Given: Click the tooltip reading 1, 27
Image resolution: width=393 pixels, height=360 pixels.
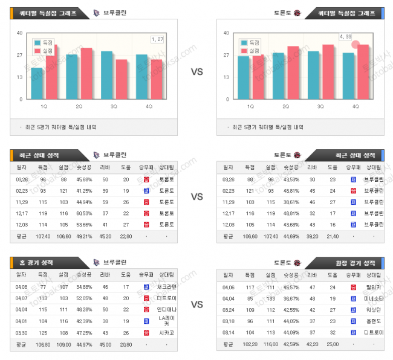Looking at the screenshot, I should coord(157,39).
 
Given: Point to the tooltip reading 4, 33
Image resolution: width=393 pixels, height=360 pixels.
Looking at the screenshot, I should coord(345,37).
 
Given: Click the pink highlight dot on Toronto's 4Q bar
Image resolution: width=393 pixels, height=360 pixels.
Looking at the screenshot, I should coord(356,45).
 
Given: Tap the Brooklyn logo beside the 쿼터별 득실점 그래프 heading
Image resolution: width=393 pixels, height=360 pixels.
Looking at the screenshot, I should coord(97,13).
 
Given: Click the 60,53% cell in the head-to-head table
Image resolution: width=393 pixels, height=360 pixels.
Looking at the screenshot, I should coord(84,213).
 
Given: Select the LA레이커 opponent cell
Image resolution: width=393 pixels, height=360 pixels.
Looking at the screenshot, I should coord(166,318).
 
